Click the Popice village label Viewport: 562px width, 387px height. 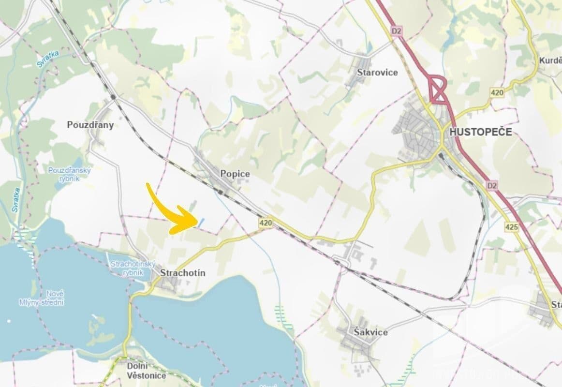coord(235,174)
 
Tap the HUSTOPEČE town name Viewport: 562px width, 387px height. coord(480,132)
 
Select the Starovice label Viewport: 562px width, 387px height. coord(377,73)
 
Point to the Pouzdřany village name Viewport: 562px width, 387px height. coord(90,125)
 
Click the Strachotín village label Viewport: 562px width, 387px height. coord(182,273)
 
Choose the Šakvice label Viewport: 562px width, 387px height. coord(370,332)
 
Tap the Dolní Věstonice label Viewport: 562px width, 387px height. coord(146,371)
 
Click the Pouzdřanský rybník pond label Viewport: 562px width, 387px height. coord(70,174)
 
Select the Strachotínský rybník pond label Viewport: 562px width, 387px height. coord(133,268)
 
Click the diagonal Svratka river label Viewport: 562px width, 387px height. coord(47,60)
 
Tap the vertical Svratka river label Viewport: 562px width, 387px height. coord(16,200)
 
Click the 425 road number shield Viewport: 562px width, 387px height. coord(511,226)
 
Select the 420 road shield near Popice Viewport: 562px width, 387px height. coord(265,223)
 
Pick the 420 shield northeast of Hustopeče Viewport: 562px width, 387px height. coord(497,92)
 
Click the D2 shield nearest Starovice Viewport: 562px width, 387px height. coord(397,31)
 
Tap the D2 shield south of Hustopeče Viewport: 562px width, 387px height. coord(492,185)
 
